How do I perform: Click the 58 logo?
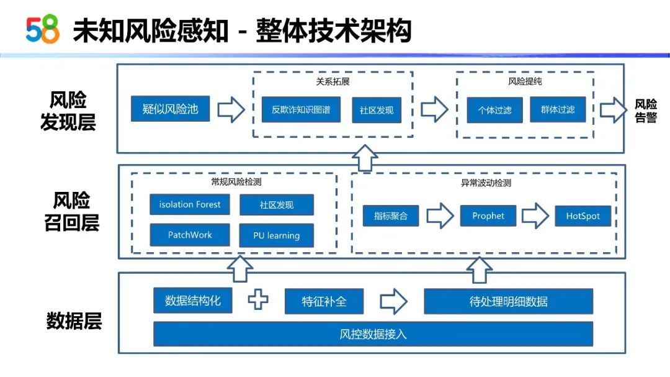point(42,29)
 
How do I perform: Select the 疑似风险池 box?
point(170,109)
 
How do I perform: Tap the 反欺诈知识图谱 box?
point(301,110)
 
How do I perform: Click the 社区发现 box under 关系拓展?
point(377,110)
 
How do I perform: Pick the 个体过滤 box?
point(494,110)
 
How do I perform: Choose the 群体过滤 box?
point(558,110)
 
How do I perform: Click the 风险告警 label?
point(646,111)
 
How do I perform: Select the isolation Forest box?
point(190,204)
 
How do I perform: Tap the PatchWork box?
point(190,235)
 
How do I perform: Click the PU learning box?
point(277,235)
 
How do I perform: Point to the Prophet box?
point(488,216)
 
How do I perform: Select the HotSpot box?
point(583,216)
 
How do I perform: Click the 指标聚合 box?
point(391,216)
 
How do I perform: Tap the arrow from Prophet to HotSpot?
point(535,216)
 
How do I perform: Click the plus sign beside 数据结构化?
point(258,299)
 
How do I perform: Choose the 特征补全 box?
point(324,301)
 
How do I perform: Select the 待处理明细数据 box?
point(508,301)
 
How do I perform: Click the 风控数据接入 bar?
point(373,334)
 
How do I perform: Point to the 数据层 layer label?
point(74,321)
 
